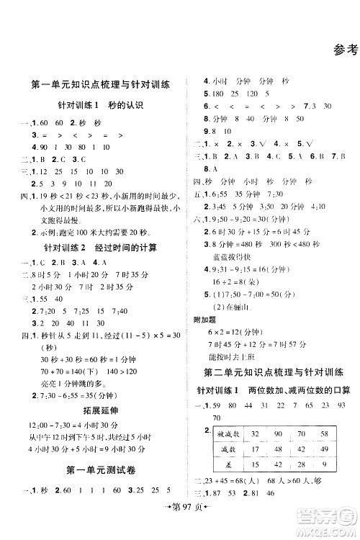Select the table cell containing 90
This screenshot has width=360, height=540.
(x=277, y=433)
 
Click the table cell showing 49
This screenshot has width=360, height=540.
(x=323, y=449)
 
